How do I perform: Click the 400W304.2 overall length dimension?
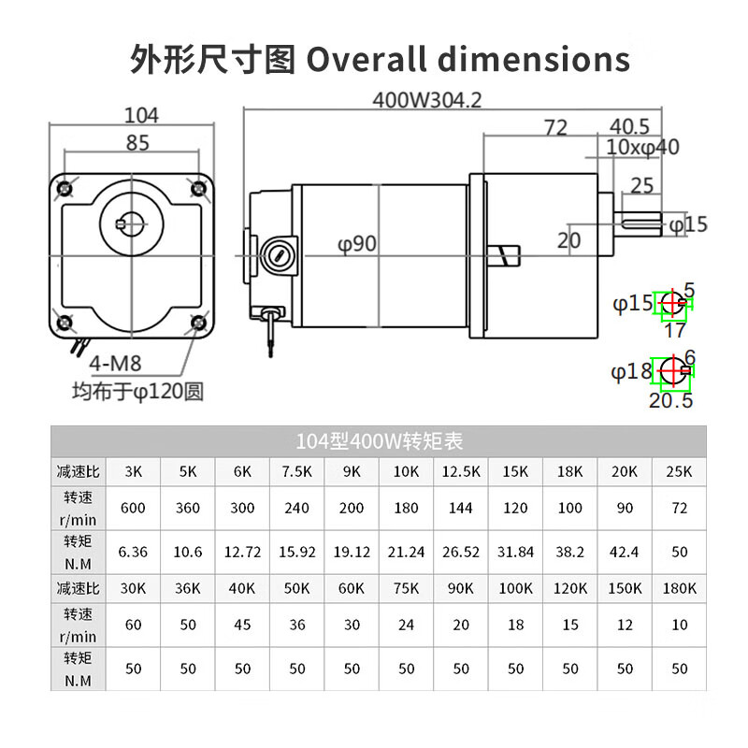point(426,99)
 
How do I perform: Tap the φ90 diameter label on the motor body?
point(357,244)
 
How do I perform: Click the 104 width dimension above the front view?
point(141,116)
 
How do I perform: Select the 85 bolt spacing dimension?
point(137,144)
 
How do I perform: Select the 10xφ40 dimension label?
point(642,147)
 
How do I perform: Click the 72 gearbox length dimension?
point(555,128)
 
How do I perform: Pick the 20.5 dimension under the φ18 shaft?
point(670,400)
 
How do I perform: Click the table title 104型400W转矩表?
point(379,439)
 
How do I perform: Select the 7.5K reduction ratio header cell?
point(297,471)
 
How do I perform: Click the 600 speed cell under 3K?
point(134,509)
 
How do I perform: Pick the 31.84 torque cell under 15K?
point(515,552)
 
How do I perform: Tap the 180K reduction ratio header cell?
point(680,589)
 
